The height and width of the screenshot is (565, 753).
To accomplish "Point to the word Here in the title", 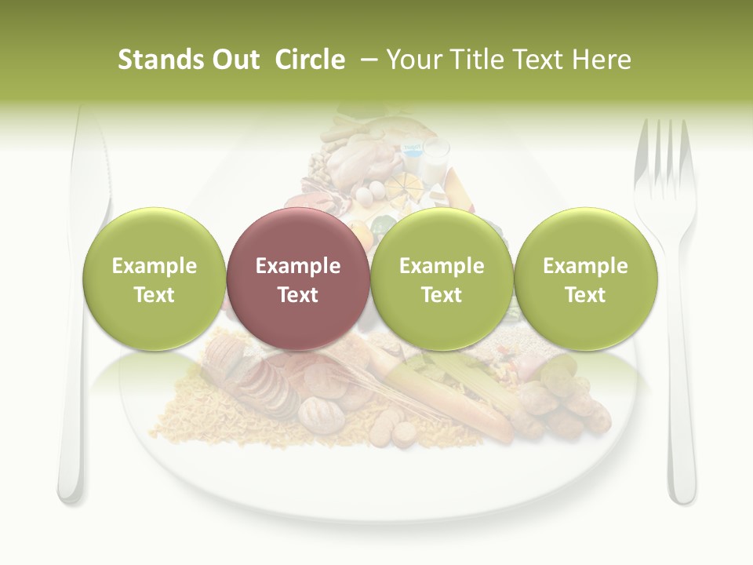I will coord(603,60).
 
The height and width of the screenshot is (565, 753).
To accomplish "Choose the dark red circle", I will coord(297,279).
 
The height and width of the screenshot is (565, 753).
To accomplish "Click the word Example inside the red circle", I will coord(297,266).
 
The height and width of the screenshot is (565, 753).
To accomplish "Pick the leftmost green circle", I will coord(154,279).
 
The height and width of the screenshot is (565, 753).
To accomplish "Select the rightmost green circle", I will coord(585,279).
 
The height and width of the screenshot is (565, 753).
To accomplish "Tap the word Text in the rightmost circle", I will coord(585,295).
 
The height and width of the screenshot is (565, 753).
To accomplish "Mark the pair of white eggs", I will coord(370,191).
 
